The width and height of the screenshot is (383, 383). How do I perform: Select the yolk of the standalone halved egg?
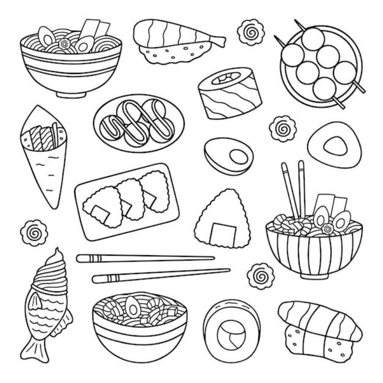tap(238, 157)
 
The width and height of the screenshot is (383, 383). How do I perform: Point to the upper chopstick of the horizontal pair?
tap(145, 258)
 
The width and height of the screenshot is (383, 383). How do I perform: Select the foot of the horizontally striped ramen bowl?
tap(71, 94)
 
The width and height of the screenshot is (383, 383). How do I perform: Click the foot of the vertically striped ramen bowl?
tap(314, 275)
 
